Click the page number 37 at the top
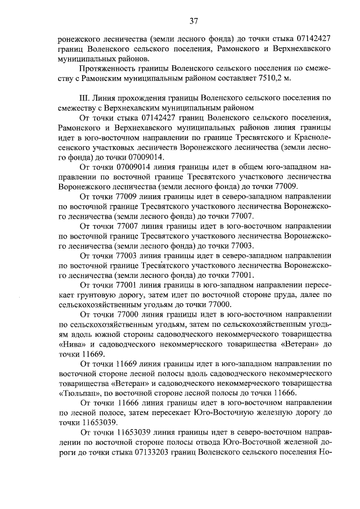coord(193,21)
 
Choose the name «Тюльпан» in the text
coord(76,393)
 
